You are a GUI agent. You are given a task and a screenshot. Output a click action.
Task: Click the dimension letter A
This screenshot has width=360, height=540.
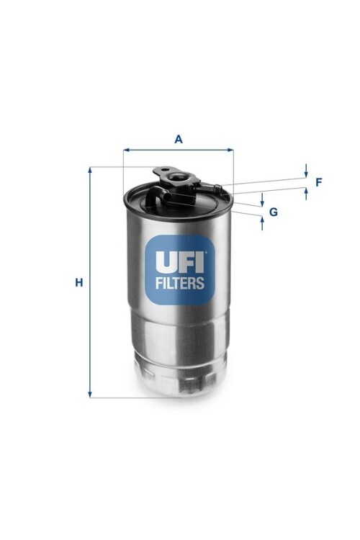(179, 139)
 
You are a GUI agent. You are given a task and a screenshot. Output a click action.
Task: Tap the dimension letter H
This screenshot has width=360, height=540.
(79, 283)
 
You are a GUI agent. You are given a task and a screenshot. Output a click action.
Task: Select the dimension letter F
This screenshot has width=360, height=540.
(319, 182)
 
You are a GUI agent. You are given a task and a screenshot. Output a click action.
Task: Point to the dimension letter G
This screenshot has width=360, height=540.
(273, 212)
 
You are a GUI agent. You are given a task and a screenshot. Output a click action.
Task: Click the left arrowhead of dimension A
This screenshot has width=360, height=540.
(126, 150)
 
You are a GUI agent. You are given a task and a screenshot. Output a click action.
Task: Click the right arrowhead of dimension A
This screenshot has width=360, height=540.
(231, 150)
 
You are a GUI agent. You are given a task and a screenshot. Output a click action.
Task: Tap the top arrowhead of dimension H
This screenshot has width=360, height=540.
(90, 170)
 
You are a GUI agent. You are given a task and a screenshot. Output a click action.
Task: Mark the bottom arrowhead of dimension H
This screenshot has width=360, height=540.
(90, 395)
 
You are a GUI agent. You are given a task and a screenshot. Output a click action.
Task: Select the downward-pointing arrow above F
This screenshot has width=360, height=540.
(306, 171)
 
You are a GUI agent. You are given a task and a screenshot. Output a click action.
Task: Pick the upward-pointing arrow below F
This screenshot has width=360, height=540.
(306, 194)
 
